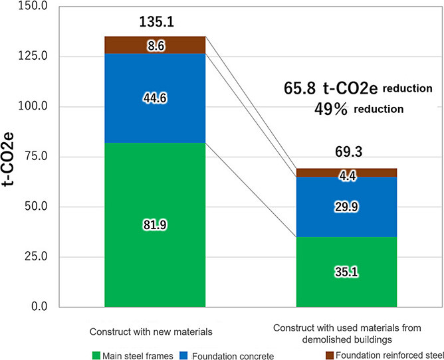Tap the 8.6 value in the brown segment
(x=155, y=45)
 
